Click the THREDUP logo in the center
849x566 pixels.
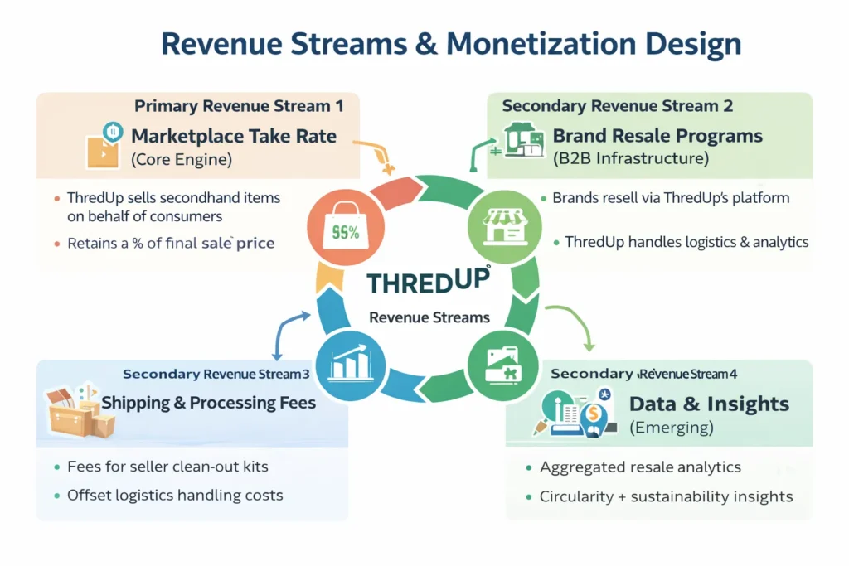tap(428, 279)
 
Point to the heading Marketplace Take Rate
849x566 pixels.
tap(234, 135)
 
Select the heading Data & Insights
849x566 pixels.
tap(709, 404)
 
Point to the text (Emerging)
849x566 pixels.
tap(671, 428)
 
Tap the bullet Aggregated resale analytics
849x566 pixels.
tap(640, 467)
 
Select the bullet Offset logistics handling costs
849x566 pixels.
tap(175, 495)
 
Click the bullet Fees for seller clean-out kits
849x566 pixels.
tap(167, 467)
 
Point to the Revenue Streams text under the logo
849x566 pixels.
tap(429, 317)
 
